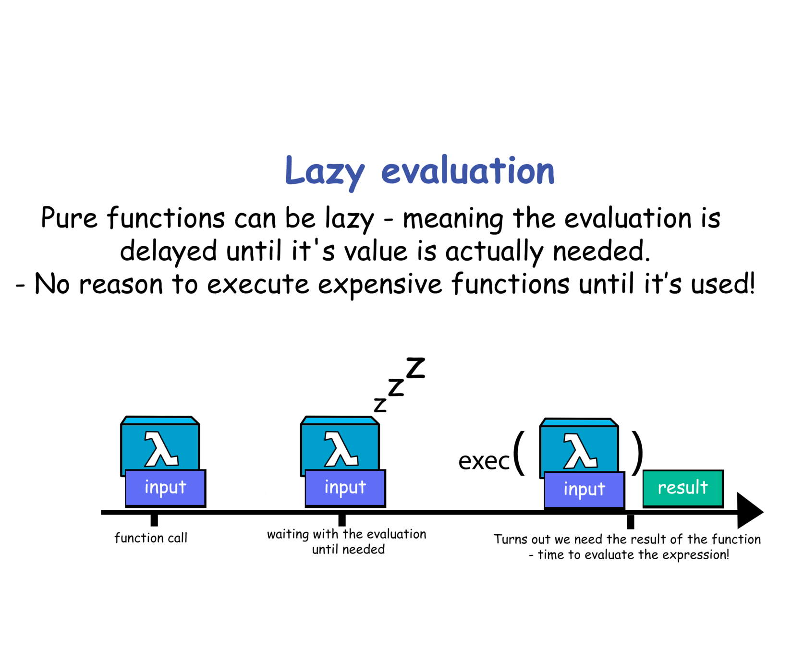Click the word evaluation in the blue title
[x=468, y=171]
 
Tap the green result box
[x=682, y=488]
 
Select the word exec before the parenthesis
[x=483, y=461]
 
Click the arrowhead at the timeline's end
[x=749, y=511]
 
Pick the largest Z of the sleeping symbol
[x=415, y=368]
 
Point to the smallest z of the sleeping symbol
[x=380, y=405]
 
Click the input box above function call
[x=165, y=488]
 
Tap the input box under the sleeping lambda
[x=345, y=488]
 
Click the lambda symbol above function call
[x=161, y=449]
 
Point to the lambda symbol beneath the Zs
[x=341, y=449]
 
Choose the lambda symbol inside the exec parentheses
[x=580, y=451]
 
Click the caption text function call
[x=151, y=538]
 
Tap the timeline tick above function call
[x=154, y=519]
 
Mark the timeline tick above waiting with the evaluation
[x=342, y=519]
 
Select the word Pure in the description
[x=69, y=218]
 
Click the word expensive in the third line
[x=379, y=284]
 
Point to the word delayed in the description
[x=168, y=252]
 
